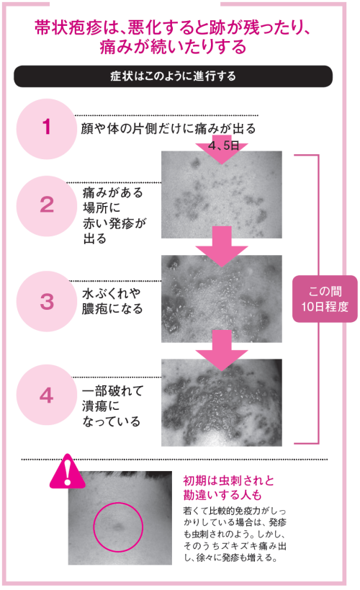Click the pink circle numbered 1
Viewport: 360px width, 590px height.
[46, 128]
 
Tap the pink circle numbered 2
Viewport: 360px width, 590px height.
[46, 204]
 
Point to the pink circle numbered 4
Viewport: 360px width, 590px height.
[46, 395]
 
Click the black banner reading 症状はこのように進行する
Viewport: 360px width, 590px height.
[173, 75]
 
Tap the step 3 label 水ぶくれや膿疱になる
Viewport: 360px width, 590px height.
[112, 300]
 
